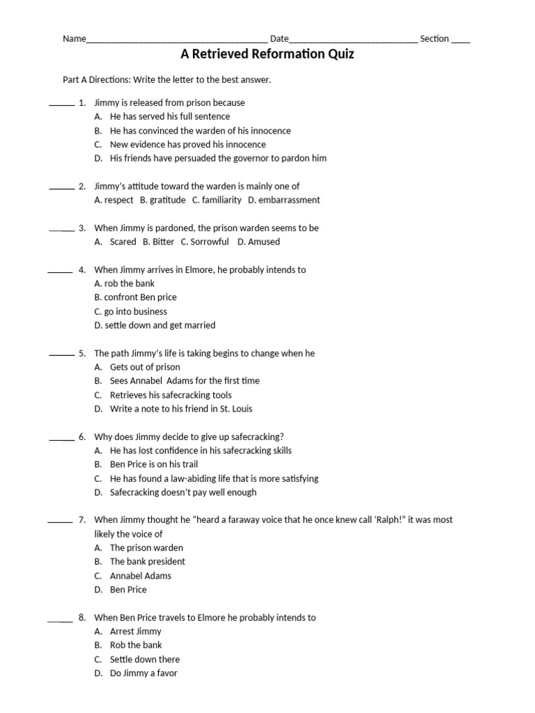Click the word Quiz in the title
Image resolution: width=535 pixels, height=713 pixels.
337,54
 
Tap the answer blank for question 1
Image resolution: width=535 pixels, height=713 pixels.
61,104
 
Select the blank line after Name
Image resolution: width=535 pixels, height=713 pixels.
176,40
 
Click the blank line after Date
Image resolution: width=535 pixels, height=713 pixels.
353,40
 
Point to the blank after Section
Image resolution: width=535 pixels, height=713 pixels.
460,40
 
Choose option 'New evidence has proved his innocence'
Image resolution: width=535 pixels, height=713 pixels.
187,144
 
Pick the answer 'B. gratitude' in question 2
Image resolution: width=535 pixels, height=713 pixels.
162,200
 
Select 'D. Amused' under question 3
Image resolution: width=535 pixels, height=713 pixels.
258,242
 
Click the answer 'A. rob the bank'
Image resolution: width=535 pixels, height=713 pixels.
124,283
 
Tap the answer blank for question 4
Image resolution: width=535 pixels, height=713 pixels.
60,271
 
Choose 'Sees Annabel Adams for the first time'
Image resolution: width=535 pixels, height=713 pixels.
185,381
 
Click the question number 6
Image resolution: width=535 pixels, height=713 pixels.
82,437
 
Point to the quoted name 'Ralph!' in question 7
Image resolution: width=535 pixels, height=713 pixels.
396,520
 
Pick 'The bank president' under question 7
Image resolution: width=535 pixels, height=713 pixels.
148,561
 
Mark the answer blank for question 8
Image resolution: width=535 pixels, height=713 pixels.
60,619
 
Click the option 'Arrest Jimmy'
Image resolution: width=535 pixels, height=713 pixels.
135,631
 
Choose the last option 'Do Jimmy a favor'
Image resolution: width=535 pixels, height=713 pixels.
144,673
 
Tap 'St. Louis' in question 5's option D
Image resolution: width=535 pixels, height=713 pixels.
235,409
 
